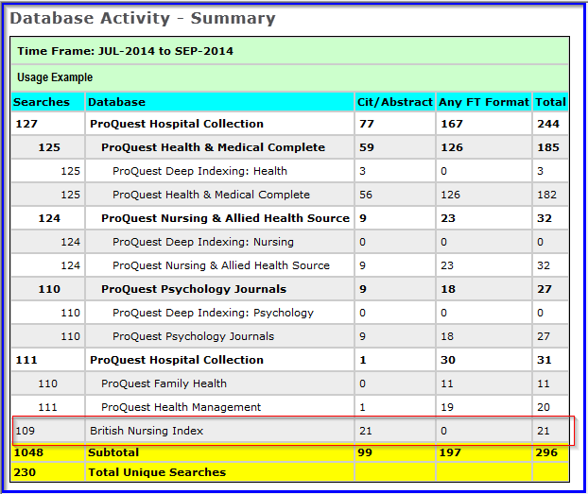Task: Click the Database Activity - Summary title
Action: point(143,18)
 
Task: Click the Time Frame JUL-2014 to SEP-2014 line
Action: point(125,51)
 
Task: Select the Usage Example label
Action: point(55,77)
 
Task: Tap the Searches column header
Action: point(42,101)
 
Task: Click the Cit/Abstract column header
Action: point(394,101)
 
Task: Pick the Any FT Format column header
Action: point(482,101)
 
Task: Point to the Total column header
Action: point(550,101)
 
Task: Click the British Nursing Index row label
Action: point(147,431)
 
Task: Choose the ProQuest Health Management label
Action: point(181,407)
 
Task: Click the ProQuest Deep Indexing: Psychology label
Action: point(213,313)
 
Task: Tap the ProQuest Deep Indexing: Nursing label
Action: point(202,242)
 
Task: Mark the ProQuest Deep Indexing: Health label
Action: point(199,171)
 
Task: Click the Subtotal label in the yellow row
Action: point(113,452)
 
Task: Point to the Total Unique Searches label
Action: point(157,471)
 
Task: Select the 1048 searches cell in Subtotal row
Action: point(29,452)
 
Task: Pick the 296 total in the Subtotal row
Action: point(547,452)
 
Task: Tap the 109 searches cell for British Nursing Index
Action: point(26,431)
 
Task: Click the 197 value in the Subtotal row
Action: point(452,452)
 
